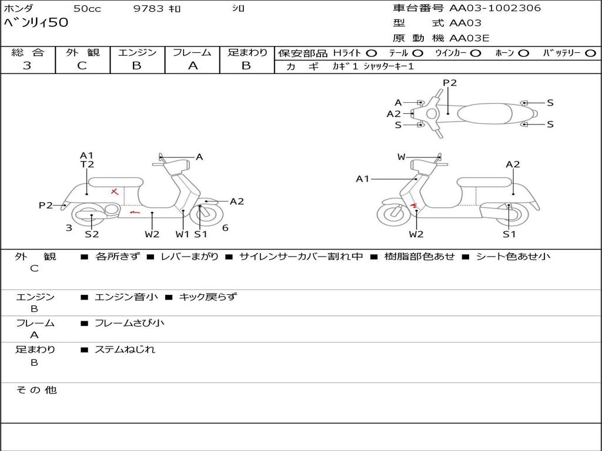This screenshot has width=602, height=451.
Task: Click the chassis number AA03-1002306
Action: (495, 8)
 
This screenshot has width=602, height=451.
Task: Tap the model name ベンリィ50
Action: (36, 23)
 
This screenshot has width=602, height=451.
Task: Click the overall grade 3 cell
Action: (27, 66)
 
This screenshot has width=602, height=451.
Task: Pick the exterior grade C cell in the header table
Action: (82, 66)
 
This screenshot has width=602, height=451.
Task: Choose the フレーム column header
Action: (192, 53)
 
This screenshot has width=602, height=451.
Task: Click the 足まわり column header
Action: (247, 53)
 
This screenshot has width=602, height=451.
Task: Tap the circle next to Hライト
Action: (372, 53)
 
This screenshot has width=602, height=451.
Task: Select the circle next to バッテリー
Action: (590, 53)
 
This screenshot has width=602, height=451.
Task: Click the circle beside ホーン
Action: (523, 53)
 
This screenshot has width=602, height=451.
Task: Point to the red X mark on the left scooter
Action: (115, 191)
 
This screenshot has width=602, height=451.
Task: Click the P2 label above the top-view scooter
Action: (450, 83)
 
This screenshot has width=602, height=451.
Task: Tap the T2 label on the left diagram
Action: (87, 164)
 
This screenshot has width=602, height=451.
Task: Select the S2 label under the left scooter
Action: (92, 234)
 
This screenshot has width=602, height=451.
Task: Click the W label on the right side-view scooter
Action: (402, 157)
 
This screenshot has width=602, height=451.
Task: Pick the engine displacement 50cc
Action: (86, 8)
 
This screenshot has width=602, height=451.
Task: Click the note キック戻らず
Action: (207, 297)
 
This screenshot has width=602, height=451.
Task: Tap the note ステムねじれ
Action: (125, 349)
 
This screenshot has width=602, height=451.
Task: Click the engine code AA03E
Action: (469, 39)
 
